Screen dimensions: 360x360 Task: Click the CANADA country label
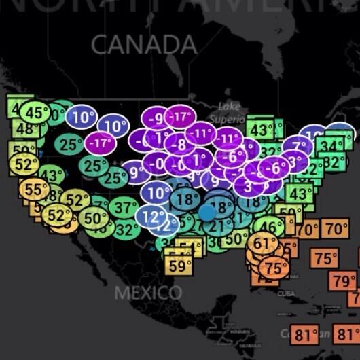pos(144,45)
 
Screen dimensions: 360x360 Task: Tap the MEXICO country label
pos(148,293)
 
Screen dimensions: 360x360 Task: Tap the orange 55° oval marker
pos(32,190)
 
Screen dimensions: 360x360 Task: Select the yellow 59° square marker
pos(179,266)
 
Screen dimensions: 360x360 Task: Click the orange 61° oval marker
pos(262,243)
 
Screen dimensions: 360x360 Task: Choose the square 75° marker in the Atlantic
pos(325,259)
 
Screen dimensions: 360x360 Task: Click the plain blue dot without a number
pos(207,213)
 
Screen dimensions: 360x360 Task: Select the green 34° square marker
pos(329,145)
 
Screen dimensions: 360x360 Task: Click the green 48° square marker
pos(25,129)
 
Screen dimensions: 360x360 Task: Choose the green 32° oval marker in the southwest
pos(126,230)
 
